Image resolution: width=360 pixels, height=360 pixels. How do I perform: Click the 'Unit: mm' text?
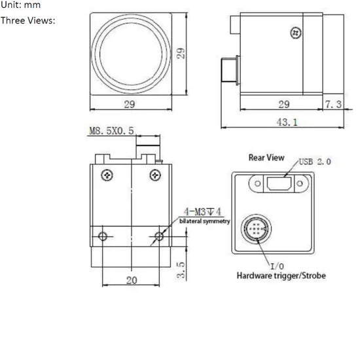[x=20, y=6]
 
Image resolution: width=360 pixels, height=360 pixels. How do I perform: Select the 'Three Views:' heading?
[x=27, y=20]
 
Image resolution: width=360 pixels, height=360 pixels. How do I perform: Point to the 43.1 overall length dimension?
[x=283, y=121]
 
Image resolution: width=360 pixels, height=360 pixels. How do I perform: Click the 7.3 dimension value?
[x=333, y=104]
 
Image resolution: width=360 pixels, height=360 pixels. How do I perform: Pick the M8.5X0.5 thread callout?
[x=111, y=131]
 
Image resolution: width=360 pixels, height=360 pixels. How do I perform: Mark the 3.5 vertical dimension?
[x=181, y=270]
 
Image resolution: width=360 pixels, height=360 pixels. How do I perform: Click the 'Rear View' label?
[x=266, y=157]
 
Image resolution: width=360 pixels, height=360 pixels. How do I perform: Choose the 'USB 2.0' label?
[x=315, y=161]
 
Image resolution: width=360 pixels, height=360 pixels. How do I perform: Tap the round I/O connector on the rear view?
[x=257, y=231]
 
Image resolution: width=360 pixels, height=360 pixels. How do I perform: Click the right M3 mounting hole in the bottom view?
[x=159, y=236]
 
